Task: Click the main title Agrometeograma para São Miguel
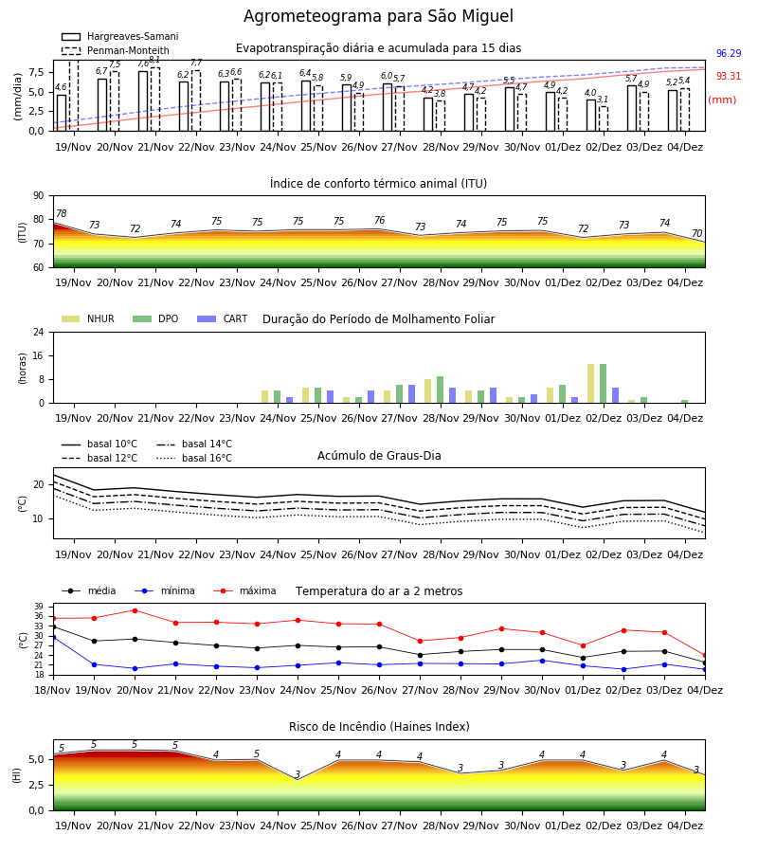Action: tap(378, 16)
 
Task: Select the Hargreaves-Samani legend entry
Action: tap(120, 36)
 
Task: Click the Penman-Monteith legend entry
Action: tap(116, 50)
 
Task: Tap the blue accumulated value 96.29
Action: tap(729, 53)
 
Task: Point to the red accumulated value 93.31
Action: tap(729, 76)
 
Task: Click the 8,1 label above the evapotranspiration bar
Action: tap(154, 60)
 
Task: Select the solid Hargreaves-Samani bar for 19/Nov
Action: tap(62, 113)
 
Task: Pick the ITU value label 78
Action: tap(62, 213)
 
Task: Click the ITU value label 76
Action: tap(380, 220)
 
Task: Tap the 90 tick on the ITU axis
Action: tap(39, 196)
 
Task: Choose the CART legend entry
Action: tap(223, 318)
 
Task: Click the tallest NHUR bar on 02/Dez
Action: tap(591, 384)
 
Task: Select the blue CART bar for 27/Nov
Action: tap(411, 394)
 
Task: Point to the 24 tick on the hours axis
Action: tap(39, 332)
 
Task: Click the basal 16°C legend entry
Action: tap(194, 458)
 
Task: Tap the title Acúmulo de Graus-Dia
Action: tap(379, 455)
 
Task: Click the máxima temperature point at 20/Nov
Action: tap(135, 610)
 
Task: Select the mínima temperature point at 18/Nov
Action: tap(53, 637)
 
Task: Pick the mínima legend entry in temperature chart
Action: tap(165, 590)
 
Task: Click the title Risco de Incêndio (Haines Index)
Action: tap(379, 727)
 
